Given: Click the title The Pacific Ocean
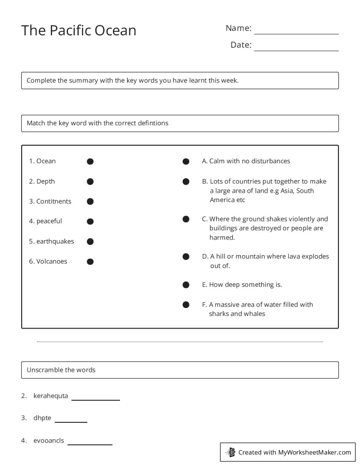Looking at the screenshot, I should [x=79, y=30].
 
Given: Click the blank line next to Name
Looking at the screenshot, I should [x=296, y=33].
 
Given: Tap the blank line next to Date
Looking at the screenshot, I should [x=296, y=50].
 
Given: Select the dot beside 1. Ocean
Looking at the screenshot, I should [x=90, y=162].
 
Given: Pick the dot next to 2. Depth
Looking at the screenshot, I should [x=90, y=181].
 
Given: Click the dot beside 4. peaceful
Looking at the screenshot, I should [x=90, y=222].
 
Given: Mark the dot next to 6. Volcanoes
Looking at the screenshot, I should [x=90, y=262].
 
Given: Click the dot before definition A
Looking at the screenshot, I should [x=186, y=162].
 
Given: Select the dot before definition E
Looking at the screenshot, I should [x=186, y=285].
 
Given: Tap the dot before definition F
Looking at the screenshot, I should [x=186, y=304].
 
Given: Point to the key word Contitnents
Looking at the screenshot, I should [x=53, y=201].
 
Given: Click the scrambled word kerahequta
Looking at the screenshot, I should [x=51, y=396].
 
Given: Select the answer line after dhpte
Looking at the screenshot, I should [x=71, y=421].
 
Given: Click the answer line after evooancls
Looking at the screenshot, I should [x=90, y=443].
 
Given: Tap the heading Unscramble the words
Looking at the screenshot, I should [x=61, y=370].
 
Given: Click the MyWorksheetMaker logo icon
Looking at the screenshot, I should [x=230, y=452].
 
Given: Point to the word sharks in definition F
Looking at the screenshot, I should [x=218, y=314].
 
